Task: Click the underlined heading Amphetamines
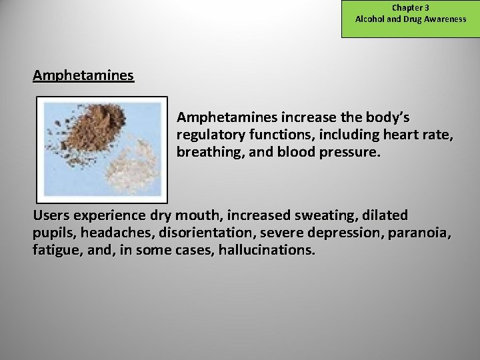[x=83, y=75]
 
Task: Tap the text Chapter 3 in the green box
[x=410, y=8]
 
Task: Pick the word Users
[x=52, y=216]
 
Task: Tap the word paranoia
[x=420, y=233]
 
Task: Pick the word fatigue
[x=56, y=251]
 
